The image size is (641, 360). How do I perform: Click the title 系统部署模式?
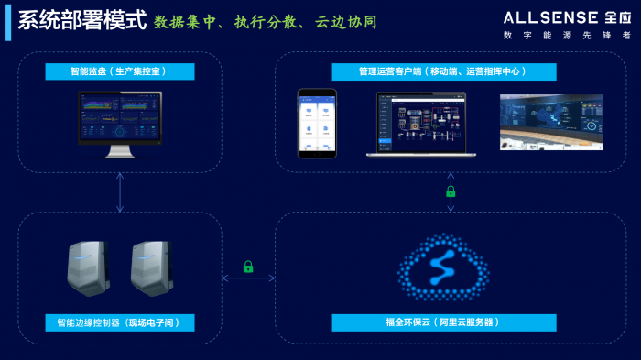(81, 20)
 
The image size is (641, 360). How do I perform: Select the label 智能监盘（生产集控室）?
(120, 71)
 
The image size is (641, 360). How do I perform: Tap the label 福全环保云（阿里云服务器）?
(444, 322)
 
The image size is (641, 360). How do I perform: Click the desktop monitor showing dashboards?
(120, 124)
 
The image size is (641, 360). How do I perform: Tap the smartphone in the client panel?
(317, 123)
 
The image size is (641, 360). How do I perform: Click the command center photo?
(550, 121)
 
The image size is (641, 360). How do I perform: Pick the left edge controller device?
(89, 268)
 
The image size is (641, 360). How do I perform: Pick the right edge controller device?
(151, 268)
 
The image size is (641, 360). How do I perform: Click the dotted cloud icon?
(443, 267)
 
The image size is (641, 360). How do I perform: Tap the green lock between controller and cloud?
(248, 267)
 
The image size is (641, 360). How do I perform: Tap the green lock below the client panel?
(451, 191)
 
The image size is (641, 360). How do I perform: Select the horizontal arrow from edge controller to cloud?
(248, 278)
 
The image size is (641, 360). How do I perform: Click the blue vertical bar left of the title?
(8, 21)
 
